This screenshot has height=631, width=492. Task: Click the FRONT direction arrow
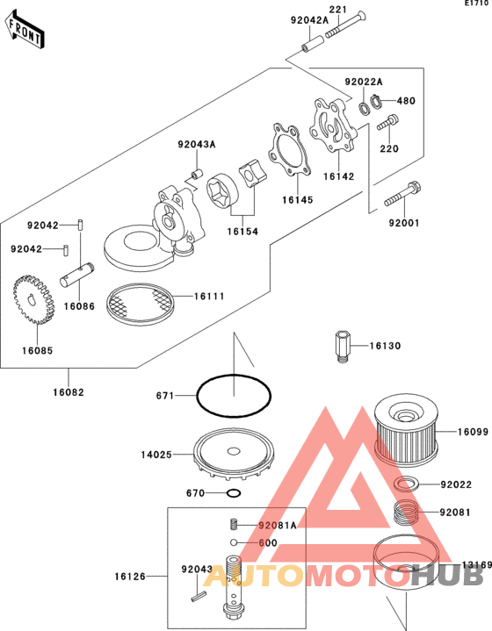tap(25, 30)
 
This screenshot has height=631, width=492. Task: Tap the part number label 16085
tap(37, 350)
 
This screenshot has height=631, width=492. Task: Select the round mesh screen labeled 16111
tap(140, 304)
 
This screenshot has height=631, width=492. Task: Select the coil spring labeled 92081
tap(405, 513)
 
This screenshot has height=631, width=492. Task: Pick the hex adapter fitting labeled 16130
tap(342, 346)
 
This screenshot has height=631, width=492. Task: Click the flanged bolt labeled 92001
tap(402, 194)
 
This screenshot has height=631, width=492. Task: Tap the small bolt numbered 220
tap(387, 122)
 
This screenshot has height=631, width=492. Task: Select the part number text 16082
tap(69, 392)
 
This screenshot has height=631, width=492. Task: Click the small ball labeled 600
tap(234, 542)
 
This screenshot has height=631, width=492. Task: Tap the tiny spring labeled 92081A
tap(234, 524)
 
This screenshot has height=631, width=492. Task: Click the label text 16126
tap(130, 577)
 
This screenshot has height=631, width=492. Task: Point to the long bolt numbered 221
tap(346, 25)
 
